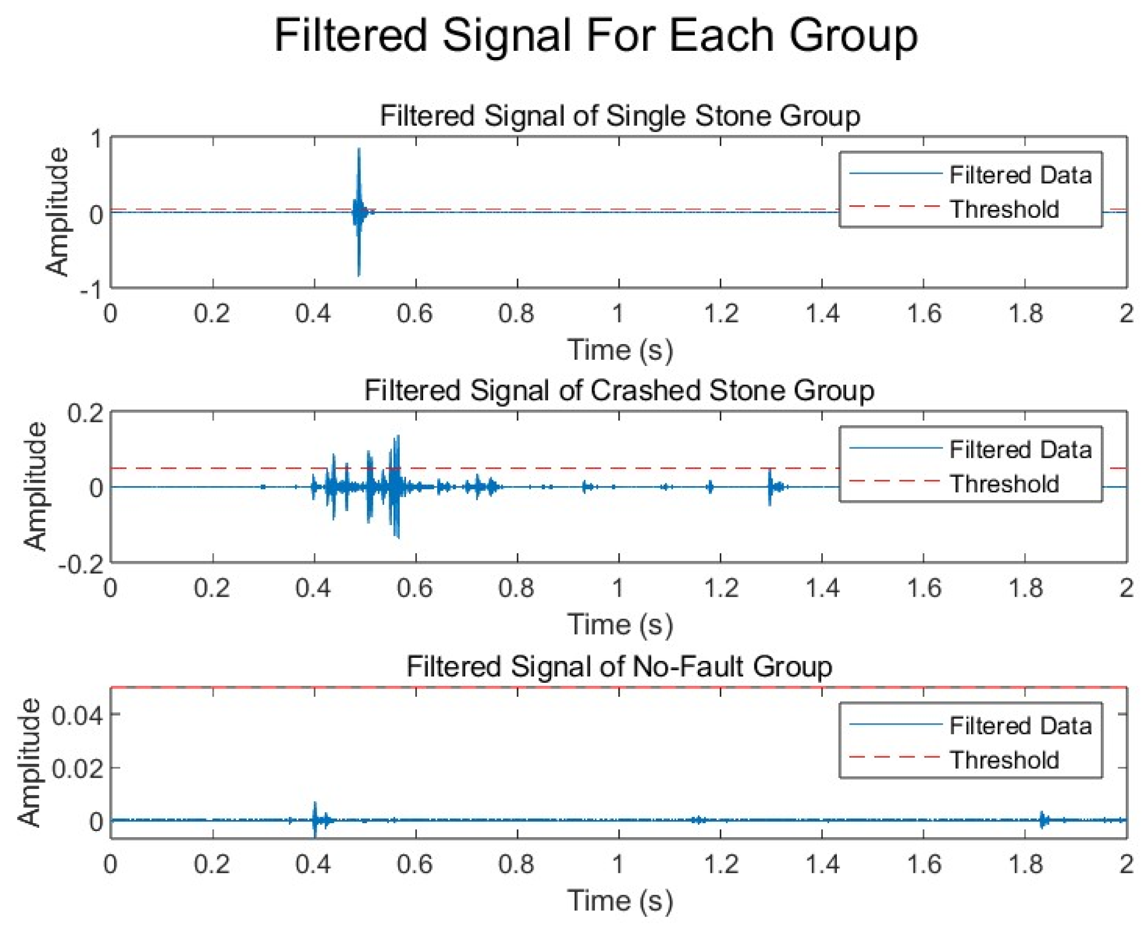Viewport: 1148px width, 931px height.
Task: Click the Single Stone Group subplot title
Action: pos(620,116)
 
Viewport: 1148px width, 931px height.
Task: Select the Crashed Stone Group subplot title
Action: pos(620,390)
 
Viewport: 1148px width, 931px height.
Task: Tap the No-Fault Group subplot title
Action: pos(620,667)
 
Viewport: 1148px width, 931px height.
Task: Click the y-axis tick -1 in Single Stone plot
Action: pos(90,290)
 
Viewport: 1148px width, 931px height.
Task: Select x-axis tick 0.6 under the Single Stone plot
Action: pos(415,314)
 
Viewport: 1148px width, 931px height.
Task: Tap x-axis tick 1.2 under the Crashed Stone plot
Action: pos(720,588)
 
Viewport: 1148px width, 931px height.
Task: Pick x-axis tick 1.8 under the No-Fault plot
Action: pos(1025,865)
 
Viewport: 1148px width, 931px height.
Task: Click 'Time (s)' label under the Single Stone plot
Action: pos(620,350)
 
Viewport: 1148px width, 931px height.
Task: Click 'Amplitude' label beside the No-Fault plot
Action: pos(30,762)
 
